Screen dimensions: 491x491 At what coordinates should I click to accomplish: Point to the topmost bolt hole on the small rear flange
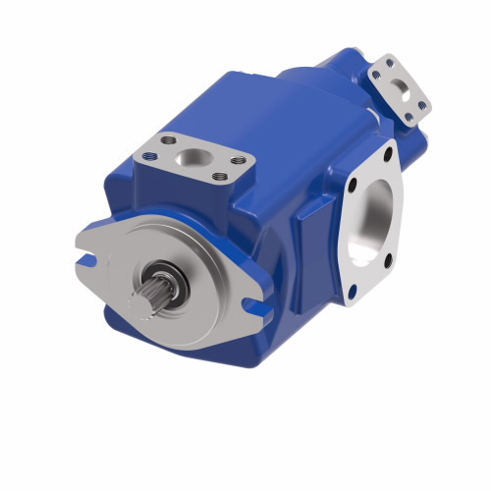tap(390, 61)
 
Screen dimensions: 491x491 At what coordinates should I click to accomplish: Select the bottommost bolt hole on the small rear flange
tap(408, 117)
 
